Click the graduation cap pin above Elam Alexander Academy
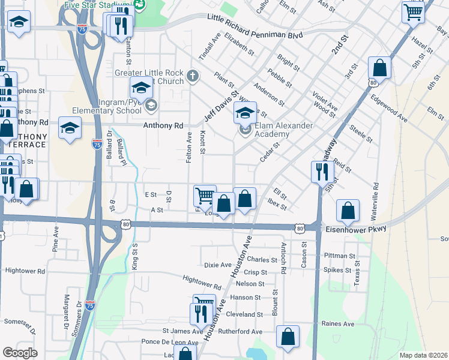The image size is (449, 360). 245,112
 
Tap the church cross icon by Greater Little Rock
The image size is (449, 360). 192,76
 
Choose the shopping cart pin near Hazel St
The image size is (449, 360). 413,11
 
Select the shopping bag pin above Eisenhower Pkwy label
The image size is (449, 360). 348,210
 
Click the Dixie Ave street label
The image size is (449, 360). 217,265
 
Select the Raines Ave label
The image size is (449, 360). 338,324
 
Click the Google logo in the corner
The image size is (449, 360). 20,353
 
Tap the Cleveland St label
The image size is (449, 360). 245,314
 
